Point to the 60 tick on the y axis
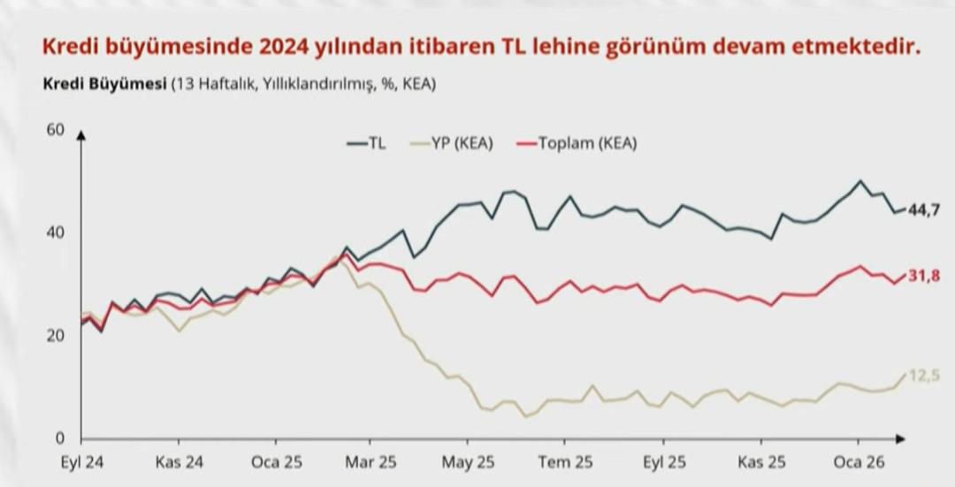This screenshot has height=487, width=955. [x=55, y=130]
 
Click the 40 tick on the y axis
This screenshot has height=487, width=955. [x=55, y=232]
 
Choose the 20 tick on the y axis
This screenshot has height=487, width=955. [x=55, y=336]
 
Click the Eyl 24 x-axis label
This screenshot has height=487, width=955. [x=82, y=462]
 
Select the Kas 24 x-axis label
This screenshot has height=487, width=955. [x=180, y=462]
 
